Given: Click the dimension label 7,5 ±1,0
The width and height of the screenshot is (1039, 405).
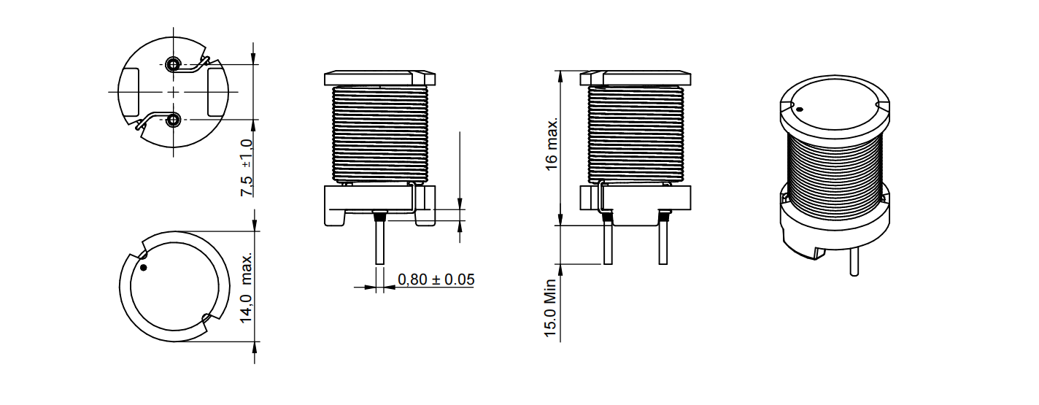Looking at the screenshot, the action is tap(247, 168).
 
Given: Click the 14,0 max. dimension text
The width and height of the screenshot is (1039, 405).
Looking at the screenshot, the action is tap(247, 288).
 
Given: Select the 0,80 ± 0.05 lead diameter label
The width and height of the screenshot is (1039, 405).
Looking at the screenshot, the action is tap(436, 279).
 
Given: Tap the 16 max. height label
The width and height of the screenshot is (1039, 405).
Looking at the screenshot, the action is tap(551, 144).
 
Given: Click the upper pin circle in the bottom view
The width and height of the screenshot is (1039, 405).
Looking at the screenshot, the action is tap(173, 64).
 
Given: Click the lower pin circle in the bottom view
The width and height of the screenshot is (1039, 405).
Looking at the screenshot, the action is tap(173, 120).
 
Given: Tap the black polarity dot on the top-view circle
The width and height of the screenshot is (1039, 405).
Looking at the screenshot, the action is tap(143, 267).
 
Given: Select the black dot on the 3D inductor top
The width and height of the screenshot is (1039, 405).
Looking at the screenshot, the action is tap(800, 109).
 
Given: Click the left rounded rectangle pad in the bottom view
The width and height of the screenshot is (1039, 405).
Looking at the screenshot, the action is tap(129, 92).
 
